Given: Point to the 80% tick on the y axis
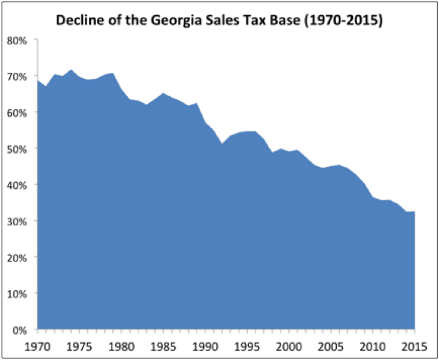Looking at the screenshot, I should click(x=17, y=41).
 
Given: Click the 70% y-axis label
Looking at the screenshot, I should click(x=17, y=77).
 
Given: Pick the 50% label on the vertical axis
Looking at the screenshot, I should click(x=17, y=149).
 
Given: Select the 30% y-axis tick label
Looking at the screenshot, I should click(x=17, y=222).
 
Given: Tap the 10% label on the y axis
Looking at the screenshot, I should click(x=17, y=294).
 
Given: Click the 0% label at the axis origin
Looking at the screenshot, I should click(x=20, y=330).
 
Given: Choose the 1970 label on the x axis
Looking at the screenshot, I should click(x=37, y=347).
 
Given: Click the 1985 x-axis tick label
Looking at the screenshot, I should click(x=163, y=347).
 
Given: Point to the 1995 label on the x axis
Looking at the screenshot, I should click(x=247, y=347).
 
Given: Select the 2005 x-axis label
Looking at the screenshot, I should click(x=331, y=347).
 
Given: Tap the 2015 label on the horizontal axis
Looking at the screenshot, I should click(x=414, y=347).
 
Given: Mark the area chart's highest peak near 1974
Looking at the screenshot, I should click(x=71, y=70).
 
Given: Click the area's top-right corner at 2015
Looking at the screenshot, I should click(x=414, y=212).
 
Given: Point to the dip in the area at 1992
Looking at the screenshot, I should click(x=222, y=144).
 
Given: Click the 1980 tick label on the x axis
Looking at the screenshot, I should click(x=121, y=347).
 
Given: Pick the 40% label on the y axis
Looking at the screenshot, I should click(x=17, y=186).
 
